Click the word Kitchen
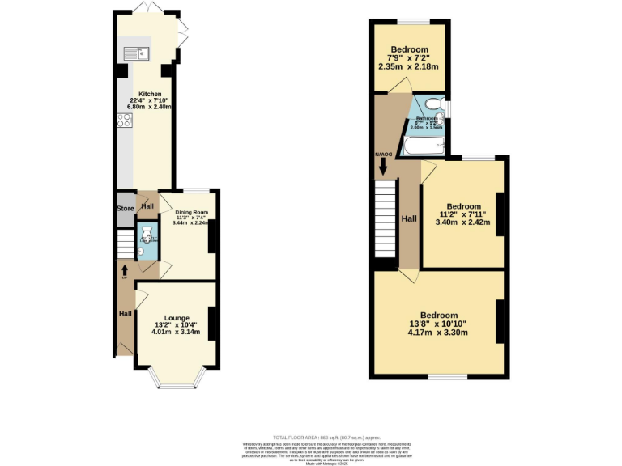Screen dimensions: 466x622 pyautogui.click(x=150, y=94)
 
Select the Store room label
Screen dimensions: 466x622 pyautogui.click(x=126, y=207)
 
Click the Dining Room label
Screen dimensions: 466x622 pyautogui.click(x=192, y=214)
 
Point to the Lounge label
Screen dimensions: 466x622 pyautogui.click(x=177, y=318)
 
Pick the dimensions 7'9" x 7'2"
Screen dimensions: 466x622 pyautogui.click(x=408, y=57)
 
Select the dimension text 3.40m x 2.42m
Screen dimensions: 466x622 pyautogui.click(x=463, y=222)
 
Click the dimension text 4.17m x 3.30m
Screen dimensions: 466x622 pyautogui.click(x=438, y=332)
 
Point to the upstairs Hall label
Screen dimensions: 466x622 pyautogui.click(x=411, y=218)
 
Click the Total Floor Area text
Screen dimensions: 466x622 pyautogui.click(x=312, y=436)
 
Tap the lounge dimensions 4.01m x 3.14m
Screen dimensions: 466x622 pyautogui.click(x=177, y=333)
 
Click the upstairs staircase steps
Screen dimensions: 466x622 pyautogui.click(x=386, y=218)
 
